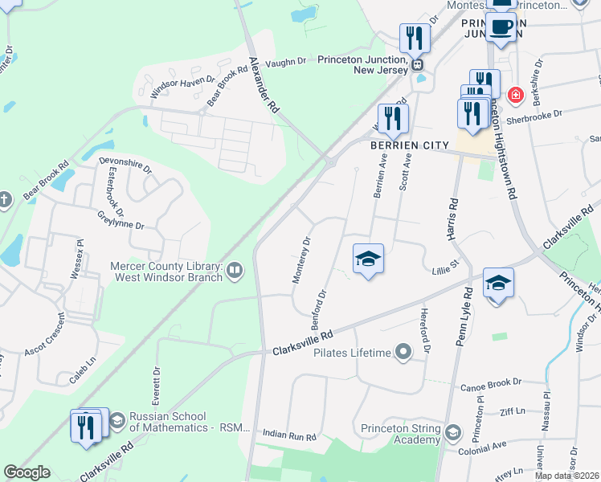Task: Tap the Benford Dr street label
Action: (319, 308)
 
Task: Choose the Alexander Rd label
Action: (264, 84)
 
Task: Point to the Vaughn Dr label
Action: (286, 60)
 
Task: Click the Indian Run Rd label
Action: (290, 435)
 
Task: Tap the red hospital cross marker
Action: (515, 96)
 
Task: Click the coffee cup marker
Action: (501, 26)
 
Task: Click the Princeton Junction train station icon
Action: (417, 63)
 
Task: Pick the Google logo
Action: (27, 472)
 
